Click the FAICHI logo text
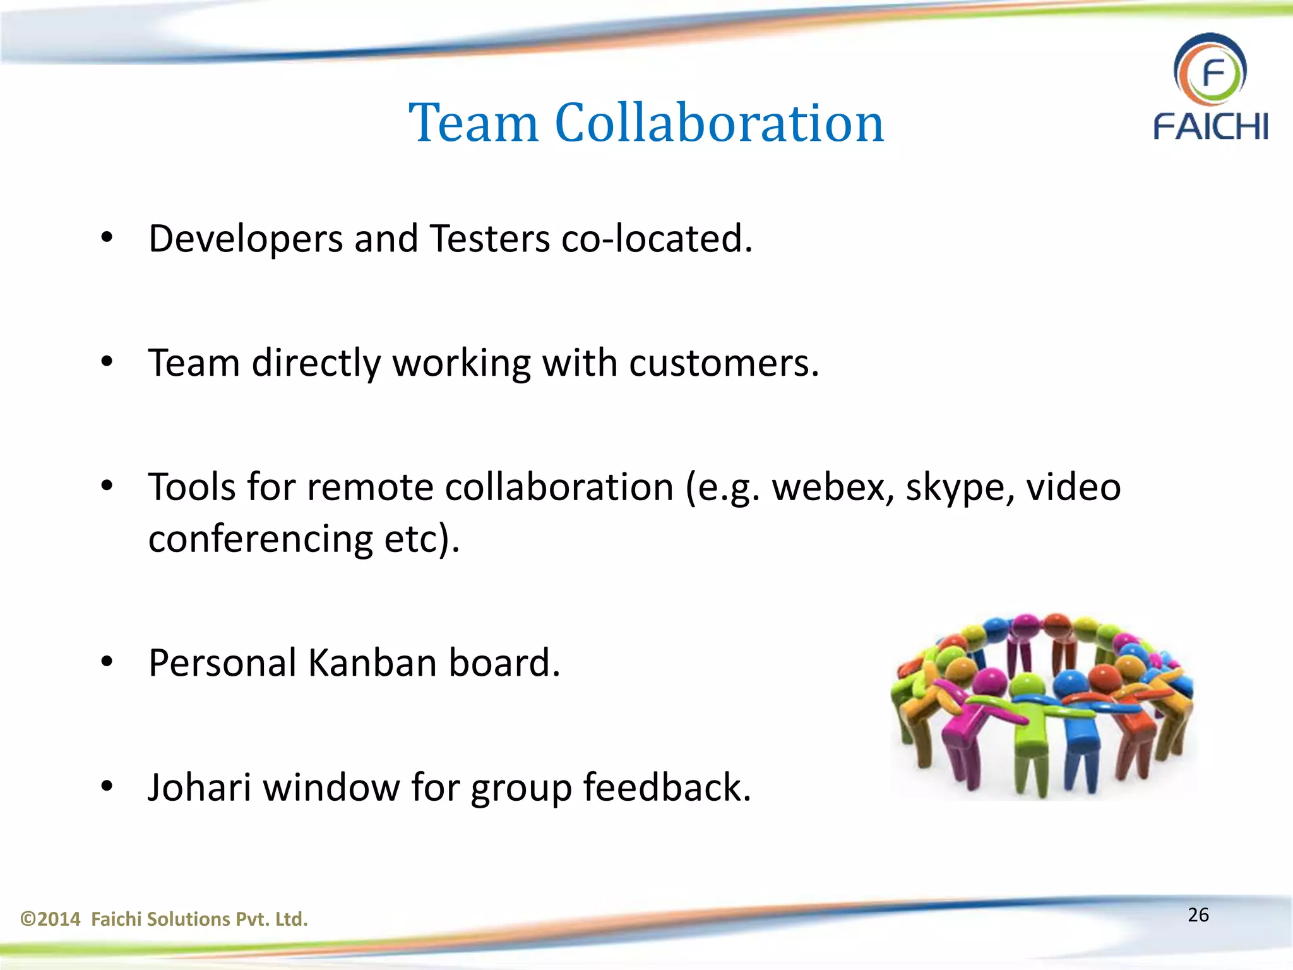click(1210, 127)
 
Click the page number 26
click(1198, 915)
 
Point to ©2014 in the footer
click(51, 919)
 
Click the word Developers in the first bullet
click(246, 240)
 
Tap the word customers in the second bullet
click(724, 363)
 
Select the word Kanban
click(372, 663)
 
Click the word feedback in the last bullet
click(667, 787)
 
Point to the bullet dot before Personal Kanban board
click(107, 662)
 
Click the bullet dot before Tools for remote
click(107, 486)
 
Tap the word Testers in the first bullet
click(489, 239)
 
